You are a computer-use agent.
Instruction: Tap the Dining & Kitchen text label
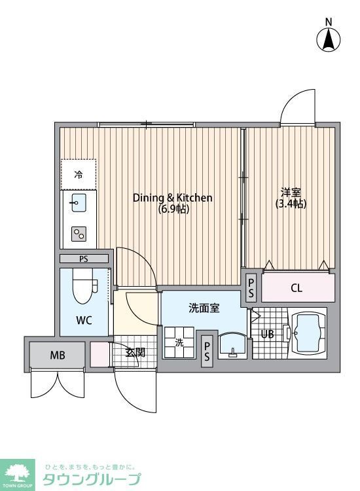click(x=173, y=198)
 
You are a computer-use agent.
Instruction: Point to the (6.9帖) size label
click(x=173, y=209)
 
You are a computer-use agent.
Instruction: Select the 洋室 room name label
click(x=291, y=192)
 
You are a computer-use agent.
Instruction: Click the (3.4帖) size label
click(x=291, y=204)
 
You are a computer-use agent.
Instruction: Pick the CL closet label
click(x=297, y=288)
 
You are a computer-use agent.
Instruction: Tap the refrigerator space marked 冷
click(x=79, y=174)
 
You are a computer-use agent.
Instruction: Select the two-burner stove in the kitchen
click(x=79, y=234)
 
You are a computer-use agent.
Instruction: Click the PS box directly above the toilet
click(x=84, y=259)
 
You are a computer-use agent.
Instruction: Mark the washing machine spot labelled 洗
click(x=179, y=342)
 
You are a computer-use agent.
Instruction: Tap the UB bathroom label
click(x=268, y=334)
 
